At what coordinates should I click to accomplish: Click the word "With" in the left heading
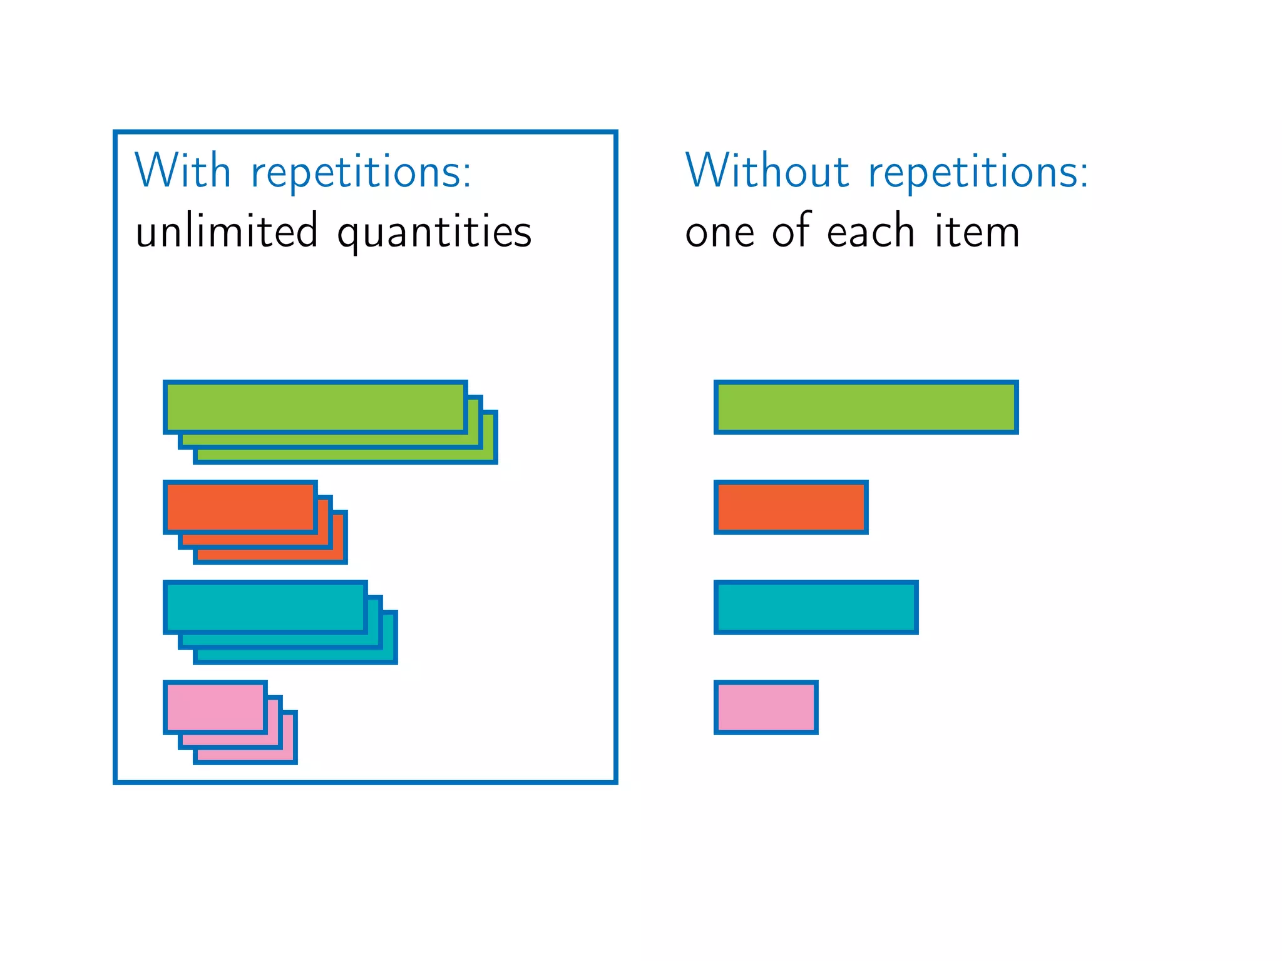(x=183, y=170)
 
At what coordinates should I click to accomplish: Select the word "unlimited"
(x=227, y=231)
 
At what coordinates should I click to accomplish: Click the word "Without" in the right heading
(x=767, y=170)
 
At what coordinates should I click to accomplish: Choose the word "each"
(x=871, y=231)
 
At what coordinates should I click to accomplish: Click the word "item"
(x=977, y=231)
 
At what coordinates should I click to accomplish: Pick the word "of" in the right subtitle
(x=791, y=230)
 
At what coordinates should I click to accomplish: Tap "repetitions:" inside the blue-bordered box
(x=361, y=173)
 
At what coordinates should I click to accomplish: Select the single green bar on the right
(x=866, y=407)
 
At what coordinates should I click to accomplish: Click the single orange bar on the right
(x=791, y=507)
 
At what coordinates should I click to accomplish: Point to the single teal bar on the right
(x=816, y=608)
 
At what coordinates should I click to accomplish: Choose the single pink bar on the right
(x=766, y=708)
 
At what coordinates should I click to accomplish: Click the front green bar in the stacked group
(x=315, y=407)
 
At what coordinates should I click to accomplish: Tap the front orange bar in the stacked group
(x=240, y=507)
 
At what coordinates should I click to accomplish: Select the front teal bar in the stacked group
(x=265, y=608)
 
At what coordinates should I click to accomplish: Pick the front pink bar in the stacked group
(x=215, y=708)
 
